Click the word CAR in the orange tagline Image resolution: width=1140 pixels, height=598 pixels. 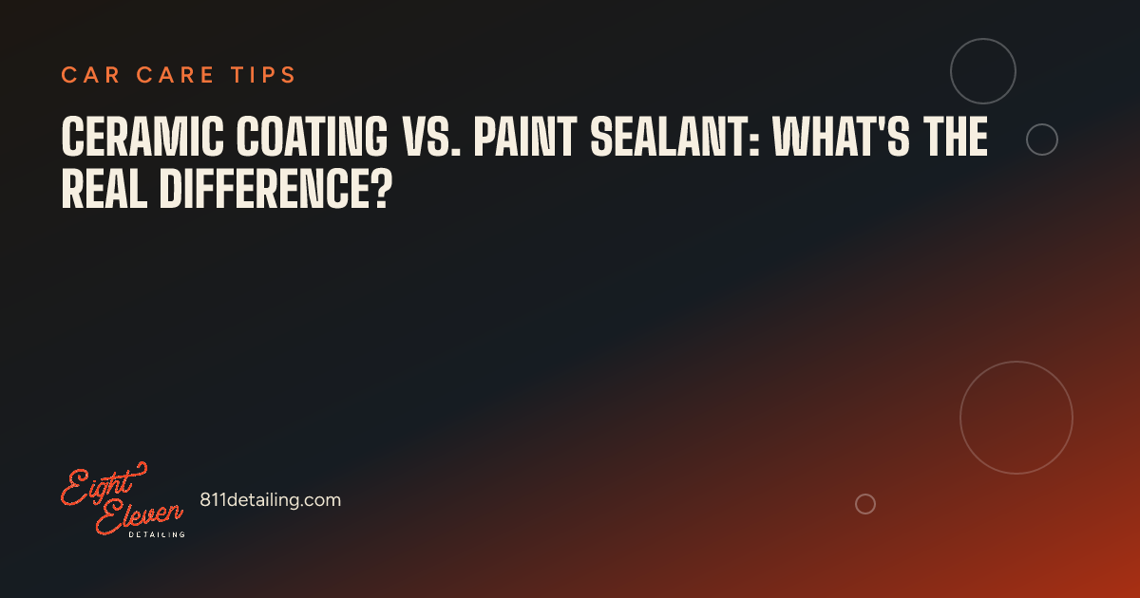[x=90, y=75]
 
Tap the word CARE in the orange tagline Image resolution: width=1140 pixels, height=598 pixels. [x=175, y=75]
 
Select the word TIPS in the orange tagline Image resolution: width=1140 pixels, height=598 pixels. [x=263, y=75]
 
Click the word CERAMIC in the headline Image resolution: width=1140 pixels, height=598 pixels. [x=142, y=136]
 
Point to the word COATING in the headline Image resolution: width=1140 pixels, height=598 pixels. [x=312, y=136]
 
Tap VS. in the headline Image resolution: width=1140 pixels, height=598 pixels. [x=432, y=136]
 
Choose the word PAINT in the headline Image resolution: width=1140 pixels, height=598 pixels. [x=525, y=136]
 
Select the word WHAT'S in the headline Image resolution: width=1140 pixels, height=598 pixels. [x=840, y=136]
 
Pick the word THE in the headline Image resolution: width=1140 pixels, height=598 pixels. [x=956, y=136]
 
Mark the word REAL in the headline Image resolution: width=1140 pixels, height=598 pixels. [x=104, y=188]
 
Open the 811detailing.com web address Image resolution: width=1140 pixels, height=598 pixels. [x=270, y=500]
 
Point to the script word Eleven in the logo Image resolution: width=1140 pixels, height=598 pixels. [x=139, y=515]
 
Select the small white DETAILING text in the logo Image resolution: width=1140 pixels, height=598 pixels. [x=157, y=534]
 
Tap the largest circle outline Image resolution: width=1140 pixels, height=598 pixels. [x=960, y=418]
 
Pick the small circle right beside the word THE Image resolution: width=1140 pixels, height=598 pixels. [x=1027, y=140]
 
